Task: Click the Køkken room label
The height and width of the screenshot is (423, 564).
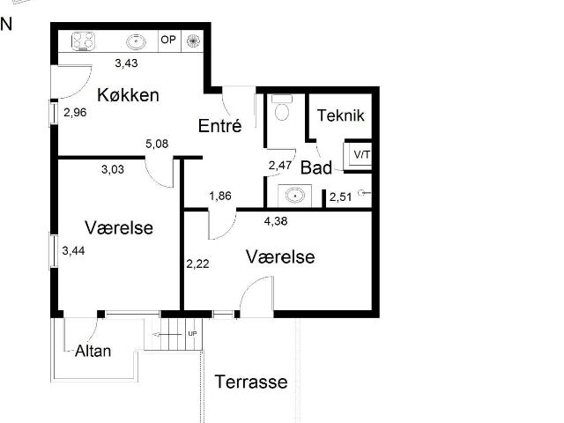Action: pyautogui.click(x=128, y=95)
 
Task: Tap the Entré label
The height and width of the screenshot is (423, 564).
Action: pyautogui.click(x=219, y=126)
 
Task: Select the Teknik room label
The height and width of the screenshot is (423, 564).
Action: pyautogui.click(x=341, y=115)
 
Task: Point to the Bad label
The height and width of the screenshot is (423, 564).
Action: pyautogui.click(x=316, y=167)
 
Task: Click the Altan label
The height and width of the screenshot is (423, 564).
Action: pyautogui.click(x=93, y=351)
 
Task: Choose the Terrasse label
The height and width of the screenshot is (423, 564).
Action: pyautogui.click(x=251, y=382)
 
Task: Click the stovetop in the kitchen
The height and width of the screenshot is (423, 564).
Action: pyautogui.click(x=84, y=41)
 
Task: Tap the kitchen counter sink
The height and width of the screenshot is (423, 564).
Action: pyautogui.click(x=137, y=41)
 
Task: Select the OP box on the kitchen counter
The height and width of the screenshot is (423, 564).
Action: pyautogui.click(x=169, y=41)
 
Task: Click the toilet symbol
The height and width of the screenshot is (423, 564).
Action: pyautogui.click(x=282, y=108)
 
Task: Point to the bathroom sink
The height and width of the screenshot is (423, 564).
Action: pyautogui.click(x=295, y=196)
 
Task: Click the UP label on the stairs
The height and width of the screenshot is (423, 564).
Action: pyautogui.click(x=192, y=334)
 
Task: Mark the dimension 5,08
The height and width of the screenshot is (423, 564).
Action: pyautogui.click(x=157, y=144)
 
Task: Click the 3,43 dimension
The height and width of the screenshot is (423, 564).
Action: pyautogui.click(x=126, y=63)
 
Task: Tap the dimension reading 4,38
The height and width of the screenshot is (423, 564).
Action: pyautogui.click(x=276, y=221)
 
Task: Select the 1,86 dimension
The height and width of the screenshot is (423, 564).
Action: pyautogui.click(x=220, y=196)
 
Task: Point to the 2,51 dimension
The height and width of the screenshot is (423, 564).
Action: pyautogui.click(x=341, y=197)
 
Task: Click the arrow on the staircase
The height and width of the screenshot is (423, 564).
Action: pyautogui.click(x=167, y=335)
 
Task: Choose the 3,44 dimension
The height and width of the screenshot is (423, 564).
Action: pyautogui.click(x=73, y=250)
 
